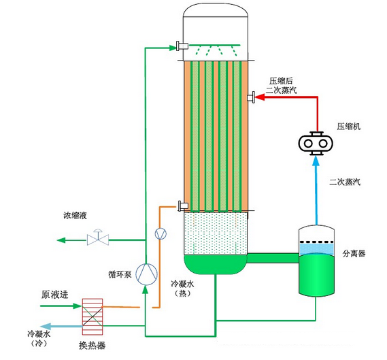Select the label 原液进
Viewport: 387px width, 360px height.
[56, 295]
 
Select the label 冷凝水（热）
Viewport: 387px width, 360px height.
[182, 287]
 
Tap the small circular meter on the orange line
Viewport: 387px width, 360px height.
[161, 233]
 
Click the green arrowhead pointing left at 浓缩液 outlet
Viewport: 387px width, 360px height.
[61, 240]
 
